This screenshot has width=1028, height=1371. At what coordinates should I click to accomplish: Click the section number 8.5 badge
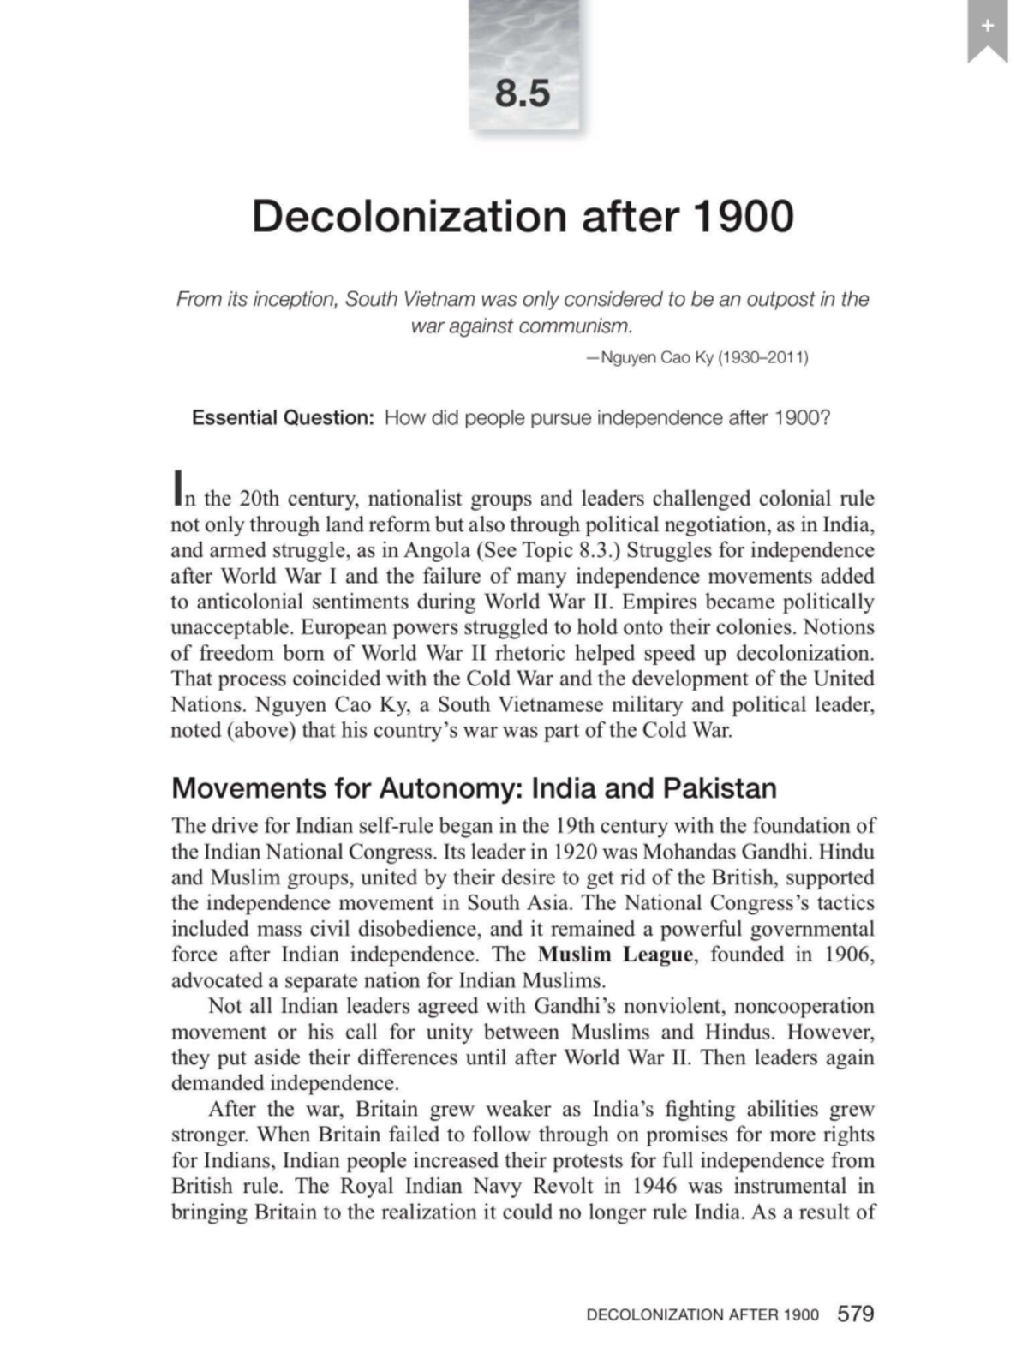[x=523, y=92]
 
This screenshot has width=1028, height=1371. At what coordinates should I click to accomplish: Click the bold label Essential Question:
[x=283, y=418]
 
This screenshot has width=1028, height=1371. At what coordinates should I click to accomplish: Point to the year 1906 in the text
[x=849, y=955]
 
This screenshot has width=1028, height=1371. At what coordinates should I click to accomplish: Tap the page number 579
[x=855, y=1314]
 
